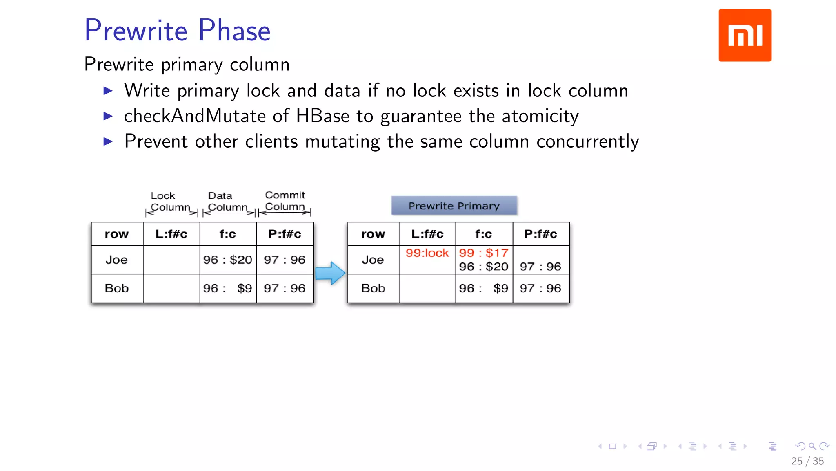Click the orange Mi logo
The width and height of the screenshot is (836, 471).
[x=745, y=35]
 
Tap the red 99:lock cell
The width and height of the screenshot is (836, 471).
[x=427, y=253]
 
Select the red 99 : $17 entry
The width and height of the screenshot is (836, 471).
[x=483, y=253]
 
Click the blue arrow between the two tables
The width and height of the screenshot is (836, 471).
[x=330, y=273]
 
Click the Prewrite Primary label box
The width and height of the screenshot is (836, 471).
[x=454, y=206]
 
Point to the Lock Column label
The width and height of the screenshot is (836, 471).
[x=170, y=202]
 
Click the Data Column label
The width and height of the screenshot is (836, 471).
[x=227, y=202]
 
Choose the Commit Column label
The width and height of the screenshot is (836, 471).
[x=285, y=201]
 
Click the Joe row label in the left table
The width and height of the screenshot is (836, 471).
[x=116, y=260]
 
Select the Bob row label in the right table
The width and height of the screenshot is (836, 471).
[x=373, y=288]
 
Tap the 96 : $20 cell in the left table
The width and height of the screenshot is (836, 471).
[x=227, y=260]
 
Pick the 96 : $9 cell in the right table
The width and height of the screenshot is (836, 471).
[x=483, y=288]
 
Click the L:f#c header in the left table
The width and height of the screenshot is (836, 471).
[x=171, y=234]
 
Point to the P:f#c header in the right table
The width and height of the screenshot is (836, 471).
[x=540, y=234]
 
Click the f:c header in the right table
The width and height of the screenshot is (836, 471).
[x=483, y=234]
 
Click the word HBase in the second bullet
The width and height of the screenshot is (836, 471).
[x=322, y=116]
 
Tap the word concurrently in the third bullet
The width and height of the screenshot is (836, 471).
[x=587, y=141]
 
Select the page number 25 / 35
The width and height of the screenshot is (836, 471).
[x=807, y=461]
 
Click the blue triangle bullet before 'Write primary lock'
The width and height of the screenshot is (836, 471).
[x=108, y=91]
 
